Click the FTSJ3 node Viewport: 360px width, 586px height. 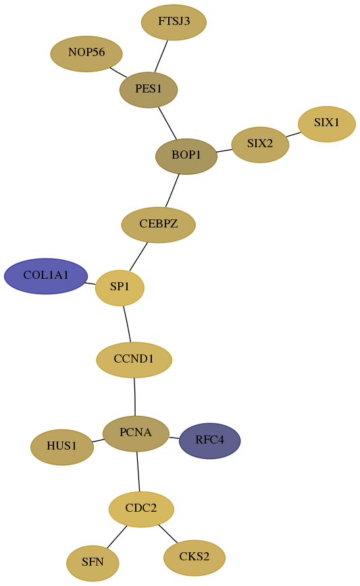[x=174, y=22]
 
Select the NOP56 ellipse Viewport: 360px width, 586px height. [x=86, y=54]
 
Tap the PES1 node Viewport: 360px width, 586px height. [x=149, y=90]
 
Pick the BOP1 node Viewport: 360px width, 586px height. [x=186, y=156]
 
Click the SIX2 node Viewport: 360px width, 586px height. [x=260, y=144]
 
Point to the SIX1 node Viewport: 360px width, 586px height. [x=327, y=124]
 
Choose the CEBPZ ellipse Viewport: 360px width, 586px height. [x=159, y=225]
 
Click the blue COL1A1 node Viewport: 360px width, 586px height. [x=46, y=276]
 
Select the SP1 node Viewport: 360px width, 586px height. [x=120, y=288]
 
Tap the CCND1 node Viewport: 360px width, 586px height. [x=134, y=360]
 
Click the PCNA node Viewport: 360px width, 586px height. [x=136, y=433]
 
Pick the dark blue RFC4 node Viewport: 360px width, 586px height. [x=210, y=441]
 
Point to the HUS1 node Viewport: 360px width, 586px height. [x=62, y=447]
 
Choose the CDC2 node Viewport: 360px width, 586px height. [x=141, y=509]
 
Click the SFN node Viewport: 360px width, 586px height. [x=93, y=563]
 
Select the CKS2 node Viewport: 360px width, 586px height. [x=195, y=558]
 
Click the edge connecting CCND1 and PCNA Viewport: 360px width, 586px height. [x=134, y=397]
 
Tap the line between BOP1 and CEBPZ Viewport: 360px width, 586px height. [x=172, y=190]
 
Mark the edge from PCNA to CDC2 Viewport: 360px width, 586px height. [x=138, y=472]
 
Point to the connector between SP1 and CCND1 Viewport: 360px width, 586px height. [x=128, y=324]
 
